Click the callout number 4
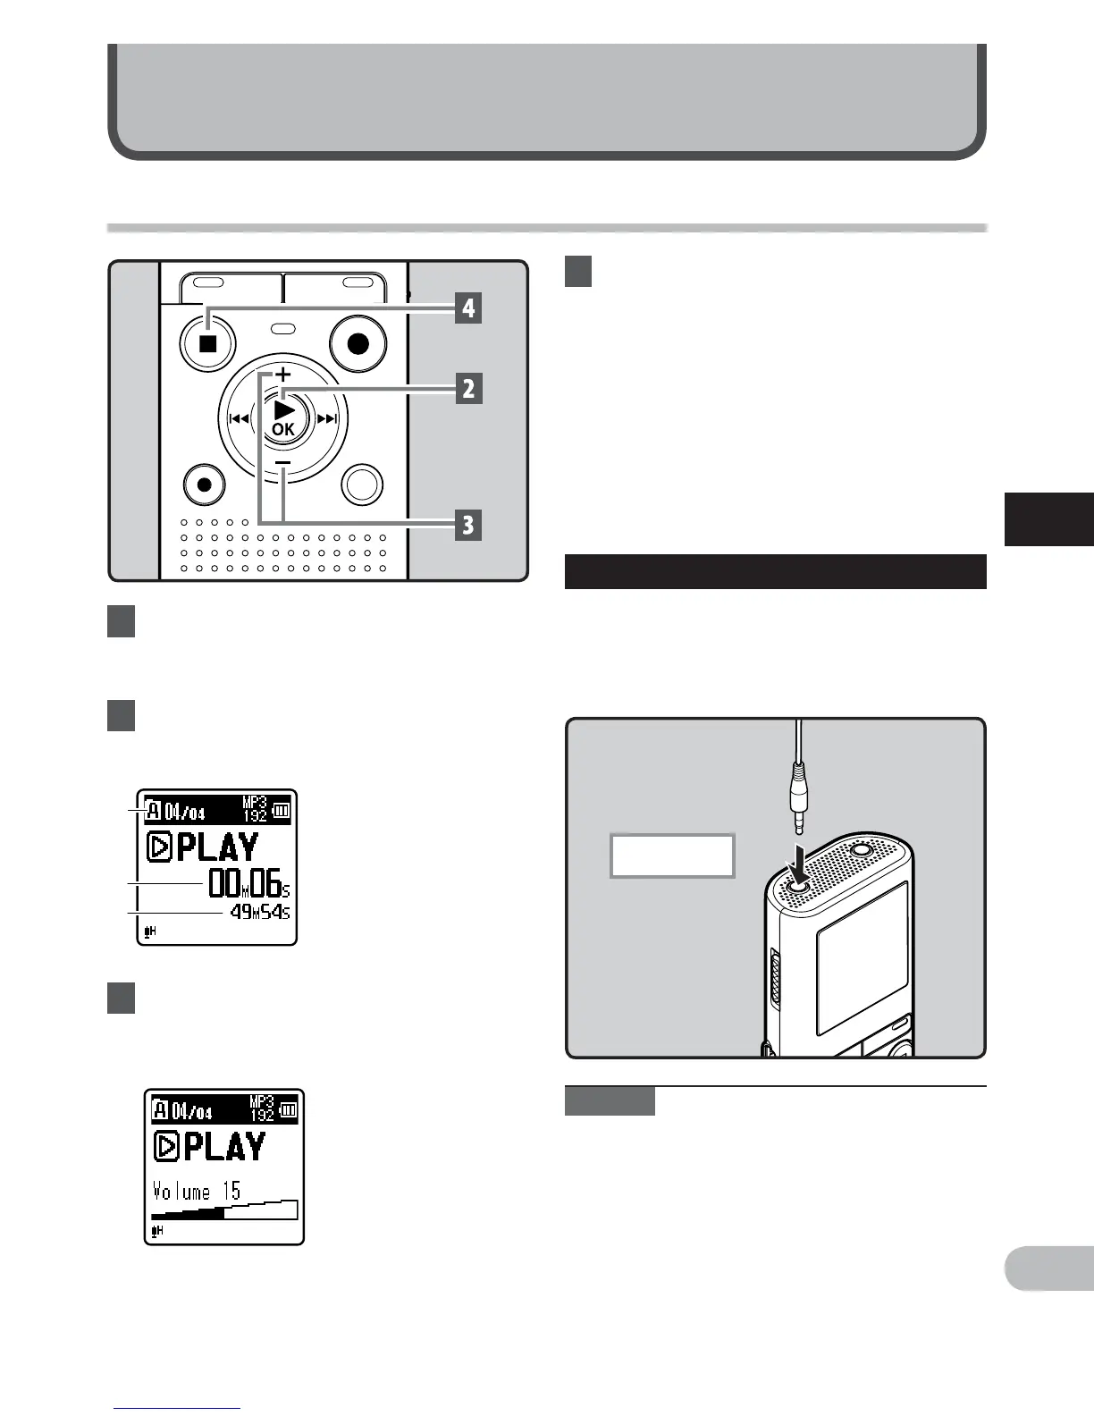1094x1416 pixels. coord(467,309)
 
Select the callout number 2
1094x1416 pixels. coord(467,389)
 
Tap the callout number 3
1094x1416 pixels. coord(467,525)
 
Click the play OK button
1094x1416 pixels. coord(283,417)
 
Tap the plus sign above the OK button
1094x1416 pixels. coord(282,374)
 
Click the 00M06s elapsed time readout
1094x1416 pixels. coord(248,883)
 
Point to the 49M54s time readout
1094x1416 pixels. coord(259,913)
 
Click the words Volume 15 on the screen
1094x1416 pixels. coord(197,1191)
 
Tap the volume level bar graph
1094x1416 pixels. coord(224,1209)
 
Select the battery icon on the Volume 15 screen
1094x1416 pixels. coord(288,1111)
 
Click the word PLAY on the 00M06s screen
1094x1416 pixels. coord(217,847)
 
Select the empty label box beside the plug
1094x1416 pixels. coord(672,855)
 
